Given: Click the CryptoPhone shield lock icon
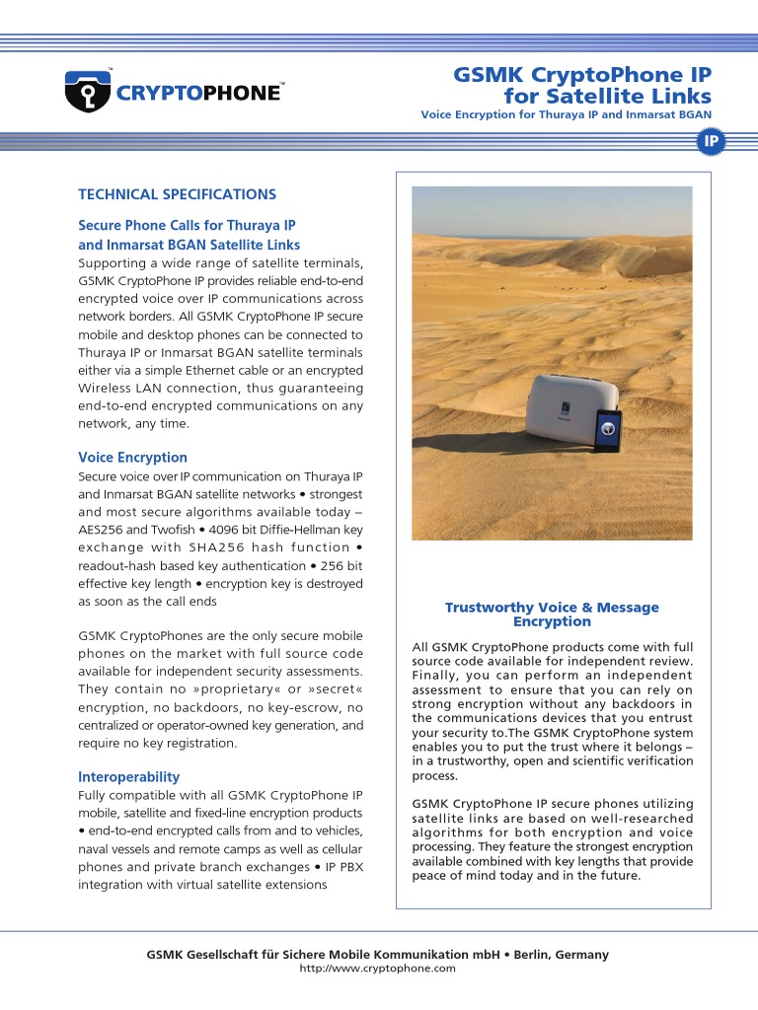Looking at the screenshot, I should point(85,92).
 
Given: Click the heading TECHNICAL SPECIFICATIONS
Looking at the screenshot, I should point(177,194).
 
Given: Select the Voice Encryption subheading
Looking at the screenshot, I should point(132,458).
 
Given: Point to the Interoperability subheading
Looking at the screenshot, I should point(128,777).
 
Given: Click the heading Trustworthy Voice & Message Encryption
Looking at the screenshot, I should point(552,614).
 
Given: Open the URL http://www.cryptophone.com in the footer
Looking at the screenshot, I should point(378,969).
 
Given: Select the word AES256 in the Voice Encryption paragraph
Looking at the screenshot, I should point(101,530).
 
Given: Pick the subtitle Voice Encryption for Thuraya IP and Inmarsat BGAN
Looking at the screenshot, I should point(566,115).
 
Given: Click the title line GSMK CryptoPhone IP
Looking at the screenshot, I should point(581,76).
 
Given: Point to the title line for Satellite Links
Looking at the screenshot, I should point(607,96).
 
